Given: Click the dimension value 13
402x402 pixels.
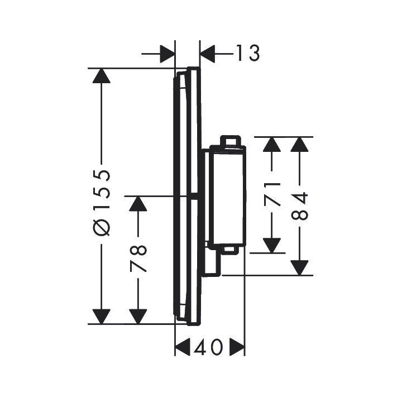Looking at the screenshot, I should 246,54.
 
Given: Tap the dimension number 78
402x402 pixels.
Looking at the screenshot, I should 138,257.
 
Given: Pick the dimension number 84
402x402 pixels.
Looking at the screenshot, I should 300,206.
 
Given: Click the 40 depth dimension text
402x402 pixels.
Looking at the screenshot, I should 209,348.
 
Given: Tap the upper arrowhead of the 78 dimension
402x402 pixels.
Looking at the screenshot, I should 138,204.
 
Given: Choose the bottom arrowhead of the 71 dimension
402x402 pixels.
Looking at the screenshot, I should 271,245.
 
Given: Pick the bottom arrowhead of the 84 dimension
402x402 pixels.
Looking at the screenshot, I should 300,267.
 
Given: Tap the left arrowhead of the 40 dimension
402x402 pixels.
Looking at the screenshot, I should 183,348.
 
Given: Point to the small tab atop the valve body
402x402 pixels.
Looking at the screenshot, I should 231,140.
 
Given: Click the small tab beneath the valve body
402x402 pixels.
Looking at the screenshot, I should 231,250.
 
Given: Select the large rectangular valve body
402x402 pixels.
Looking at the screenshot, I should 226,195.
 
